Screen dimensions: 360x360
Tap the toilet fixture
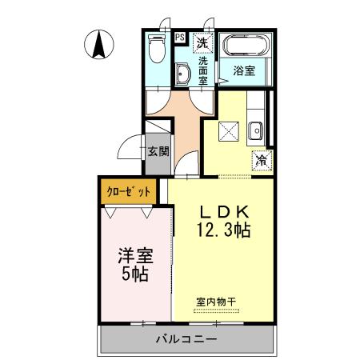click(158, 52)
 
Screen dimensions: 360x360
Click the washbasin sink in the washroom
click(183, 75)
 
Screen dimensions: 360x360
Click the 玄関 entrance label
click(158, 150)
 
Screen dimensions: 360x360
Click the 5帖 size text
click(134, 278)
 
